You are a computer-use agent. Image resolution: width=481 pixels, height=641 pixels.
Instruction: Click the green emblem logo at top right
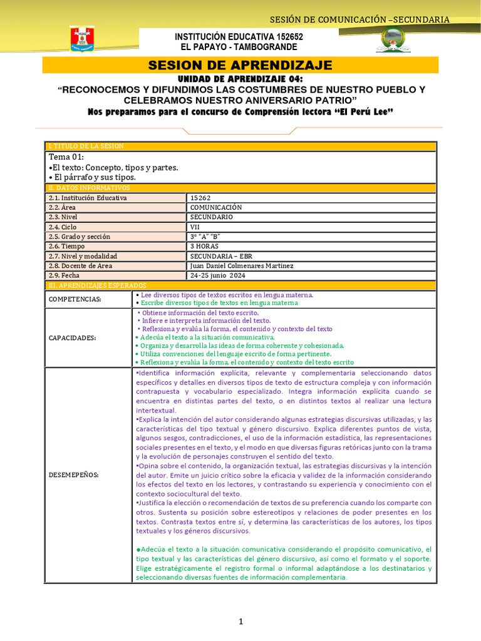[x=393, y=41]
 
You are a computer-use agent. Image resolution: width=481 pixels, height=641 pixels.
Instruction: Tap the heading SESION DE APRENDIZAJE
[x=240, y=66]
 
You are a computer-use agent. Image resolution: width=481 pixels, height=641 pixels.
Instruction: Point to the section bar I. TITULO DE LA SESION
[x=86, y=146]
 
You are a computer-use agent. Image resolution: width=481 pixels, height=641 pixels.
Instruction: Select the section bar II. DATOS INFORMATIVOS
[x=89, y=188]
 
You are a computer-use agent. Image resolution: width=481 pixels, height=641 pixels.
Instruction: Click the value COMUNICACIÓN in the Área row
[x=216, y=207]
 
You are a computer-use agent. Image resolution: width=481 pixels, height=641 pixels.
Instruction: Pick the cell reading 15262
[x=201, y=198]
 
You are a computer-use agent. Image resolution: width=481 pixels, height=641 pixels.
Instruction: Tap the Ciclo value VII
[x=195, y=227]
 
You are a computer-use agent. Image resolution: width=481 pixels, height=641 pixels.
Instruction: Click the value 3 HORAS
[x=205, y=246]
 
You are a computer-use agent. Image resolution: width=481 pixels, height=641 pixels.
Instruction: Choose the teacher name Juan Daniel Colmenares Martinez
[x=242, y=265]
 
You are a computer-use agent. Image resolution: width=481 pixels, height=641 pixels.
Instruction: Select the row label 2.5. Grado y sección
[x=79, y=237]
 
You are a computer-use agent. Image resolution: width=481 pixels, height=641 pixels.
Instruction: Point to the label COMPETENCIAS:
[x=75, y=299]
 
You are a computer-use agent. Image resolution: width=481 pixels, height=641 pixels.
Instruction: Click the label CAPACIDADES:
[x=72, y=338]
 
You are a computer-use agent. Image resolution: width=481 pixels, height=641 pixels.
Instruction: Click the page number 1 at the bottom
[x=240, y=622]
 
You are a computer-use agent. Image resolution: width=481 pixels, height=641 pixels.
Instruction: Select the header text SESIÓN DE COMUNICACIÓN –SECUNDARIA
[x=359, y=19]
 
